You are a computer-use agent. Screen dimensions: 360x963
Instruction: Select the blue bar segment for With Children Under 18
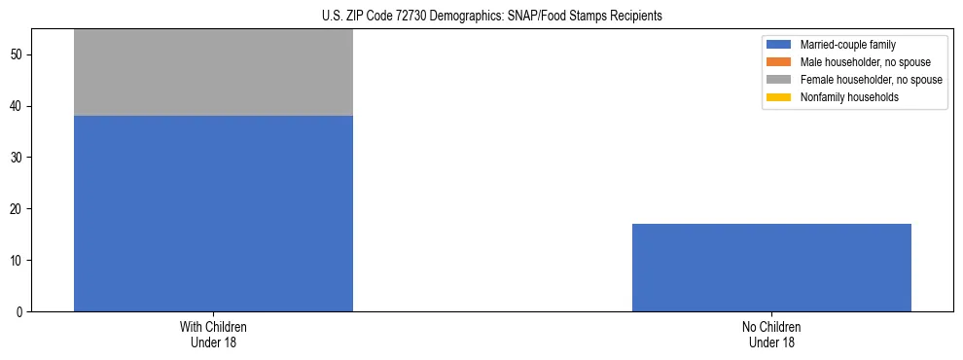click(213, 213)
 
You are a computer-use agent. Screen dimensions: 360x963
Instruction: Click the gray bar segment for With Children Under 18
click(213, 72)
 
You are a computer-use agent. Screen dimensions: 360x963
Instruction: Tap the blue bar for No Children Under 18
click(771, 268)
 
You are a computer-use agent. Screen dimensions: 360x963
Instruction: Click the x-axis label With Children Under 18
click(213, 334)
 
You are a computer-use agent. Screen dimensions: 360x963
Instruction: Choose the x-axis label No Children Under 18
click(771, 334)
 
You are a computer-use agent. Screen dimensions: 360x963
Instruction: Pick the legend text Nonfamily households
click(842, 97)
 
